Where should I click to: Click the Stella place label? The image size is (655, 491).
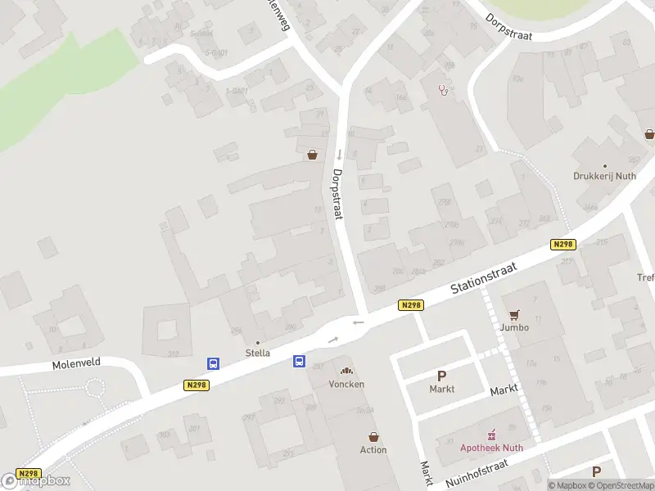pyautogui.click(x=258, y=354)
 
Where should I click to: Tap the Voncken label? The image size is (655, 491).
pyautogui.click(x=346, y=384)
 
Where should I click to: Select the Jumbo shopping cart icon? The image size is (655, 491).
pyautogui.click(x=514, y=315)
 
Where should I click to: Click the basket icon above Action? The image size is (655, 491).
pyautogui.click(x=373, y=437)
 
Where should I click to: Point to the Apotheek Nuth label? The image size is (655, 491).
pyautogui.click(x=490, y=447)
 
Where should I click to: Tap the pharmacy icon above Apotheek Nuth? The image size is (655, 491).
pyautogui.click(x=492, y=434)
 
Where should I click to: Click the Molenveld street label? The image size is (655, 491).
pyautogui.click(x=75, y=366)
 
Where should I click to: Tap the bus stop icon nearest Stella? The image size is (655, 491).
pyautogui.click(x=213, y=363)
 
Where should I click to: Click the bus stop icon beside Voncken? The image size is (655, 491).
pyautogui.click(x=300, y=360)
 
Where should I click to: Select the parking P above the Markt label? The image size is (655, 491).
pyautogui.click(x=441, y=376)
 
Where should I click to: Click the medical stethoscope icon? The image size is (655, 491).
pyautogui.click(x=444, y=89)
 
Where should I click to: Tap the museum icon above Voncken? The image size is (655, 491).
pyautogui.click(x=346, y=372)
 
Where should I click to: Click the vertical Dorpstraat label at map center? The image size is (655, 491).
pyautogui.click(x=337, y=194)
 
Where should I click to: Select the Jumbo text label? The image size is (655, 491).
pyautogui.click(x=515, y=327)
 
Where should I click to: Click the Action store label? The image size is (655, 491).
pyautogui.click(x=373, y=450)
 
